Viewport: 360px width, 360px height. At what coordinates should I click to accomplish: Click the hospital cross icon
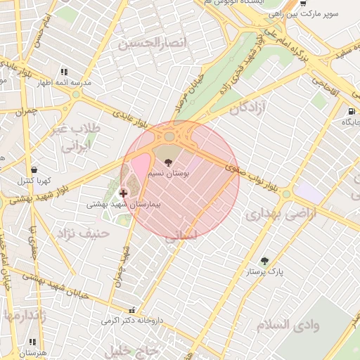tap(123, 193)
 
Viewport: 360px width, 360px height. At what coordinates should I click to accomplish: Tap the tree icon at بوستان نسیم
tap(167, 162)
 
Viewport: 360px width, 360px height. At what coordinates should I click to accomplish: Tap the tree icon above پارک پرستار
tap(264, 261)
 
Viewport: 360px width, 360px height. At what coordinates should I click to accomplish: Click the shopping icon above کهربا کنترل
tap(34, 169)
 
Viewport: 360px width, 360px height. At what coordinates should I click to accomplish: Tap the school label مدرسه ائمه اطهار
tap(64, 82)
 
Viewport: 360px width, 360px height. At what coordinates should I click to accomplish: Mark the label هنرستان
tap(32, 352)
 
